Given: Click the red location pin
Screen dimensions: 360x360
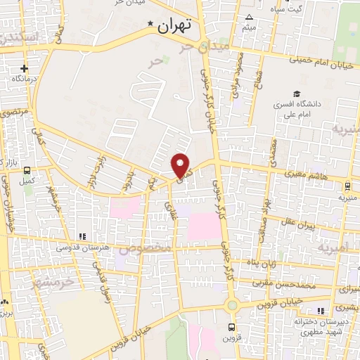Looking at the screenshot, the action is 181,165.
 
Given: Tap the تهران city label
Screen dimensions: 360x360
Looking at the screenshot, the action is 175,27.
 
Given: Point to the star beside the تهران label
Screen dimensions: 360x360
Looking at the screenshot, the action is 150,25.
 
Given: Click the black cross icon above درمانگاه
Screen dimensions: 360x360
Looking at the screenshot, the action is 25,68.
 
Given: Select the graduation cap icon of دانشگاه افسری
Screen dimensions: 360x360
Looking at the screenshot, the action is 297,94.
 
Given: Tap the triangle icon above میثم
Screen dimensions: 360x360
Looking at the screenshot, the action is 248,17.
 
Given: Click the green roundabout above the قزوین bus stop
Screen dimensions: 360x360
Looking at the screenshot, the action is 232,304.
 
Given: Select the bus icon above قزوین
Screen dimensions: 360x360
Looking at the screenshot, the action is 232,327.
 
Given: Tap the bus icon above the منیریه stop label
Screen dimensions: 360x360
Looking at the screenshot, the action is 348,186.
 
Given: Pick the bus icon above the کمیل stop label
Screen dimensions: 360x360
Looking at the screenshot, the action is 27,170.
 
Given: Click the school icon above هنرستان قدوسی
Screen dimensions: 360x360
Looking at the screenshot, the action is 83,236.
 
